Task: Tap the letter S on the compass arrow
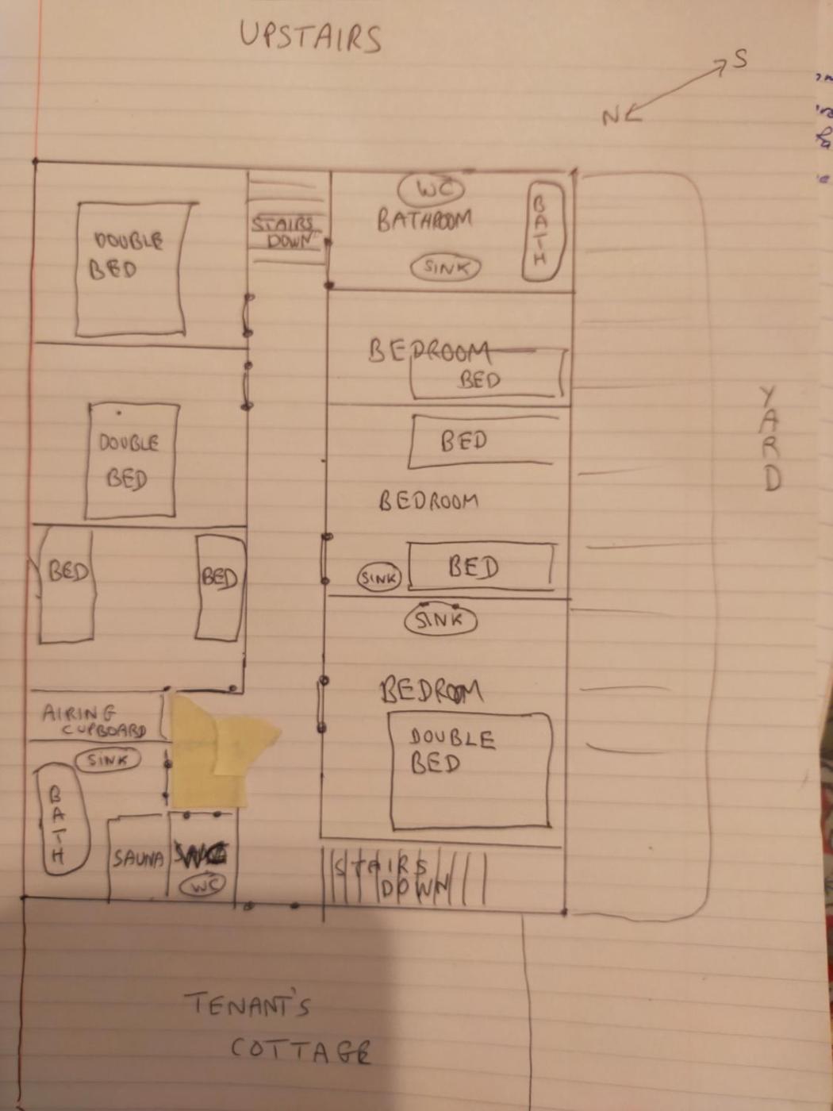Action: click(x=739, y=58)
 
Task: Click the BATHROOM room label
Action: click(x=424, y=219)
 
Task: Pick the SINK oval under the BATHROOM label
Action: click(x=446, y=267)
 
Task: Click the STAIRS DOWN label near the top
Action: click(x=286, y=233)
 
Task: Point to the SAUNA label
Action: click(x=137, y=859)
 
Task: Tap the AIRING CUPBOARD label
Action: click(x=94, y=721)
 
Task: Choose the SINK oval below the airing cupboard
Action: click(x=107, y=760)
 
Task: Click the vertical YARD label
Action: click(x=770, y=438)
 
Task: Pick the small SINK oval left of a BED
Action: click(x=378, y=578)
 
